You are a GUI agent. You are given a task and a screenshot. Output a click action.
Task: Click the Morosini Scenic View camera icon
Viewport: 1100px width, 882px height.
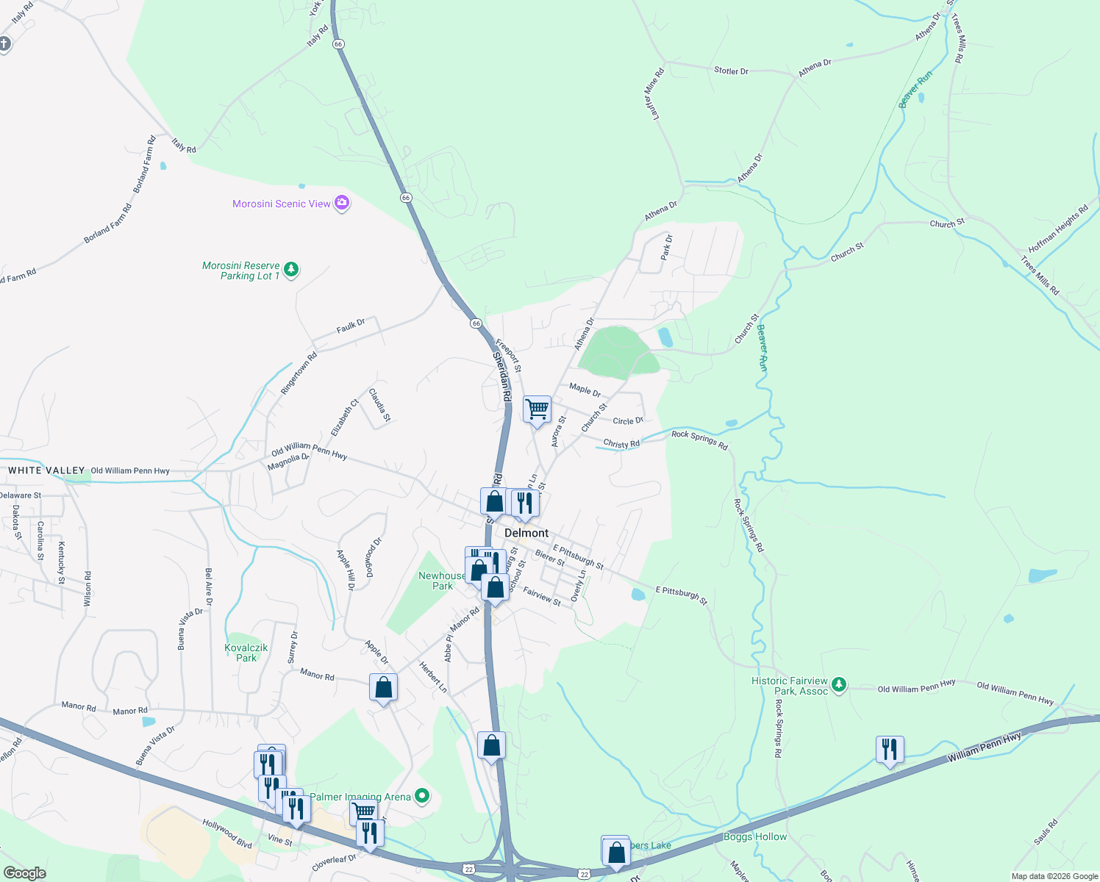point(342,203)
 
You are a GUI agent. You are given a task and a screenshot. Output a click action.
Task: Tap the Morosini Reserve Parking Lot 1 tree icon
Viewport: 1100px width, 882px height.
point(291,270)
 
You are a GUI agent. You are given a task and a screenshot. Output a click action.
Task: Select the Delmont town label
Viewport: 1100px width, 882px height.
point(526,533)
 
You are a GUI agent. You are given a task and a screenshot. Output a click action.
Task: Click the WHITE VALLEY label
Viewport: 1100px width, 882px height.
point(46,470)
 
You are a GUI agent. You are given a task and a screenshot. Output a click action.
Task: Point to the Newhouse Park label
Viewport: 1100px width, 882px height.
point(442,581)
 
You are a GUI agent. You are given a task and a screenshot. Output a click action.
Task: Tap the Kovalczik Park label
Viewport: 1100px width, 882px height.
point(246,653)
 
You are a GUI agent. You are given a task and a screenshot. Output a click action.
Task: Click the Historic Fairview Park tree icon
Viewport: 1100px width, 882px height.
point(839,685)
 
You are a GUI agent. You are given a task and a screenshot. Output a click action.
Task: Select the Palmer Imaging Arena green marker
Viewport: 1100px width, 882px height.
point(422,796)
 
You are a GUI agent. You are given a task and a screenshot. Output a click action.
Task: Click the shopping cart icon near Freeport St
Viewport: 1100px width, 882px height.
point(537,409)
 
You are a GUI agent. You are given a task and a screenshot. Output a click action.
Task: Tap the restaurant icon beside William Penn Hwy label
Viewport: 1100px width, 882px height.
point(890,750)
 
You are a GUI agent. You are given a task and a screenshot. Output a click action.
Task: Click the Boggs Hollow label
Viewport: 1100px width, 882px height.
point(755,836)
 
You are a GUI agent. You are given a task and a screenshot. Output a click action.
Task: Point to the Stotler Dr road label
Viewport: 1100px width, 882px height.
point(731,71)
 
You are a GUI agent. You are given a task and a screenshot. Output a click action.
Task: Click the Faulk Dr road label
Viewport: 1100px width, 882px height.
point(351,326)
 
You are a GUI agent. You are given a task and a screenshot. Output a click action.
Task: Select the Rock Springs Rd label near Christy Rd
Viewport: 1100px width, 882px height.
point(699,440)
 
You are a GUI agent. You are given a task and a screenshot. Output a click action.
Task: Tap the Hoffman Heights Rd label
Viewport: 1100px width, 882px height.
point(1058,229)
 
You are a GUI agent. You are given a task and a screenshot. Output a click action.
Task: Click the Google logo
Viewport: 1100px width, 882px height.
point(25,873)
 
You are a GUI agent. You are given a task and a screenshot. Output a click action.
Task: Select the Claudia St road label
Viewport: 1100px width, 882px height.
point(379,405)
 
